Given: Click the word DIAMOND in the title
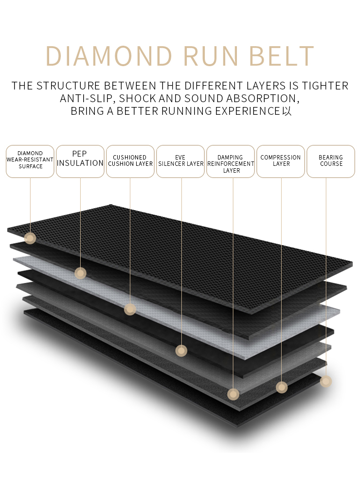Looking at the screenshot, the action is point(109,56).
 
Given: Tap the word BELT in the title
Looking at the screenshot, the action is point(282,56).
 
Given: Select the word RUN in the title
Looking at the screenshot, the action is point(211,56).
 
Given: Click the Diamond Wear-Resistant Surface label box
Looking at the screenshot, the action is point(30,161).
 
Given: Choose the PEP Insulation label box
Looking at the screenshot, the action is point(80,161).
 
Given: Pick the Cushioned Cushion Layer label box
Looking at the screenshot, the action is point(130,161).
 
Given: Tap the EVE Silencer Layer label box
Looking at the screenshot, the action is point(180,161).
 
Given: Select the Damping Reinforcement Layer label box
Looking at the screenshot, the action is point(231,161).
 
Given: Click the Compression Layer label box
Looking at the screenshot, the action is point(281,161).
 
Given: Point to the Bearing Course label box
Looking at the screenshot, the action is point(331,161).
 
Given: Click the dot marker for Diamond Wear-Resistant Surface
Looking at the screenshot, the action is point(30,238).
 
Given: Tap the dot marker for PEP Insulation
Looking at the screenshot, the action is point(80,273).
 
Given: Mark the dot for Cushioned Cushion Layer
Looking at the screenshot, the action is point(130,309).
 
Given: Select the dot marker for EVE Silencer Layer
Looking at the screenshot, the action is point(181,351).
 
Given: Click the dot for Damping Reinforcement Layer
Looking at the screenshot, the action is point(233,394).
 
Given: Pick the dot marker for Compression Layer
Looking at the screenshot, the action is point(282,387).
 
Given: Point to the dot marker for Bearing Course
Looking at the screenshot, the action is point(326,381).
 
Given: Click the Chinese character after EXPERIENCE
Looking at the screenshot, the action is point(287,111).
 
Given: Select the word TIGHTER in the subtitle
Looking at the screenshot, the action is point(325,86).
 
